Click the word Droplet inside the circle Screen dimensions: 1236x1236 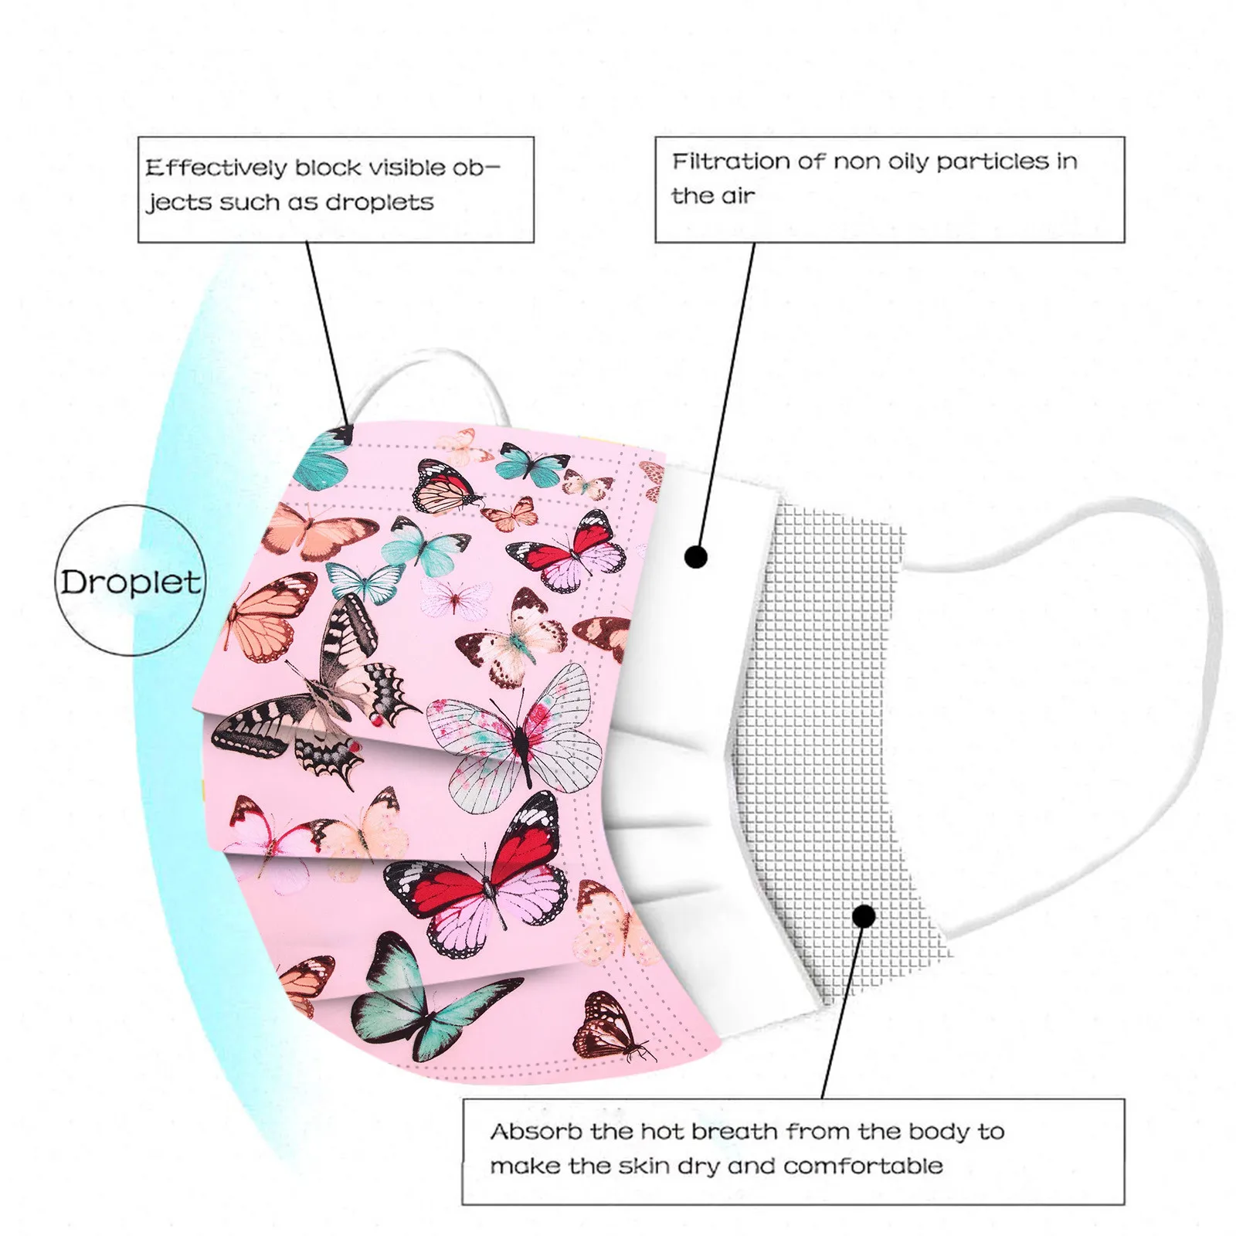[131, 582]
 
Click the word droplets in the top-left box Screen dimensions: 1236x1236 [379, 202]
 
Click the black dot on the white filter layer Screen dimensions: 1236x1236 [696, 556]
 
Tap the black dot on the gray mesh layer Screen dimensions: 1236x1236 [864, 916]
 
